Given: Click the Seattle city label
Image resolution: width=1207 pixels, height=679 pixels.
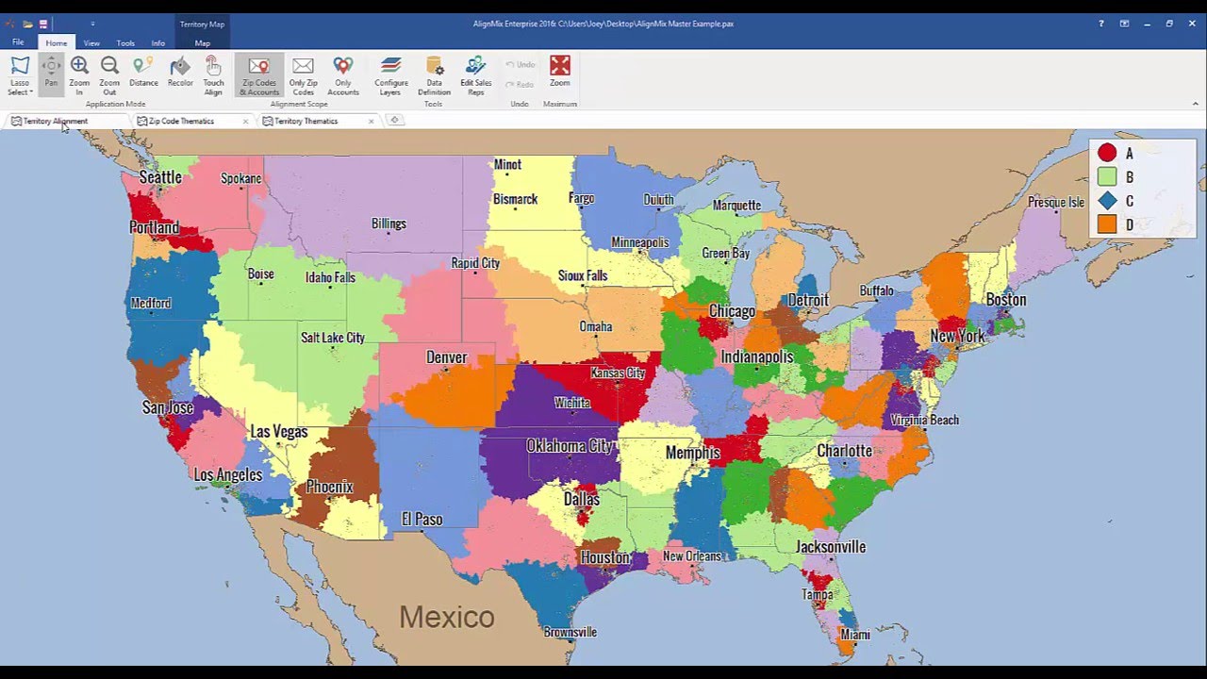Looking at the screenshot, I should click(160, 177).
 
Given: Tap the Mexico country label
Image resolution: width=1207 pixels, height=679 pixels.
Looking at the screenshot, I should click(446, 617).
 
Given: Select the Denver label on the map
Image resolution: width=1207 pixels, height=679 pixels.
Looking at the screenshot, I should click(446, 357).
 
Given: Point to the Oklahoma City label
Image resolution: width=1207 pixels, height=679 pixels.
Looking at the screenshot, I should click(570, 446).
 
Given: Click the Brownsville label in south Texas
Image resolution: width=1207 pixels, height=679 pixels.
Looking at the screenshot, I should click(570, 632).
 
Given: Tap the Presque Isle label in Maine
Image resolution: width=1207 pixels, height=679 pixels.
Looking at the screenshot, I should click(1056, 203).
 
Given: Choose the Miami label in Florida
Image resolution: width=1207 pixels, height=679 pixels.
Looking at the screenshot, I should click(854, 635).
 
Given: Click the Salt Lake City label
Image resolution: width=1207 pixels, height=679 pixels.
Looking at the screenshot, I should click(332, 338).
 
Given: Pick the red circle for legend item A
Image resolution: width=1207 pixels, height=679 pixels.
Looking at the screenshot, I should click(1107, 153).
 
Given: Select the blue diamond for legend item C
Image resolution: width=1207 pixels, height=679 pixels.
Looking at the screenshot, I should click(1107, 201).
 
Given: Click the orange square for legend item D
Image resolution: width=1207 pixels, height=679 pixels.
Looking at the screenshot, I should click(1107, 224).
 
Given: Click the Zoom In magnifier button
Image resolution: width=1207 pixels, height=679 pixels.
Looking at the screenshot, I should click(79, 75).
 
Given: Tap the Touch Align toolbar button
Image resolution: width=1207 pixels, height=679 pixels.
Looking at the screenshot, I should click(213, 75).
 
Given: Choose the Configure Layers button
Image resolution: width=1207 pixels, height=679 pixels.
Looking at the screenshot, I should click(391, 75).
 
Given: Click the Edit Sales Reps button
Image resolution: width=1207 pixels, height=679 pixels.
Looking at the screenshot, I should click(475, 75).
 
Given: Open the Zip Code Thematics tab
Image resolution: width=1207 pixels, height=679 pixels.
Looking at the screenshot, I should click(181, 121).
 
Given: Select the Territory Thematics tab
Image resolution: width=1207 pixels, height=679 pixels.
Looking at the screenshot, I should click(306, 121).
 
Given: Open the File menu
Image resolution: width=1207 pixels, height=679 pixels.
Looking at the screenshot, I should click(18, 43).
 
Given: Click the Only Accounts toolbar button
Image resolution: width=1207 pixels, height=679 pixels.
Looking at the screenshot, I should click(343, 75).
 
